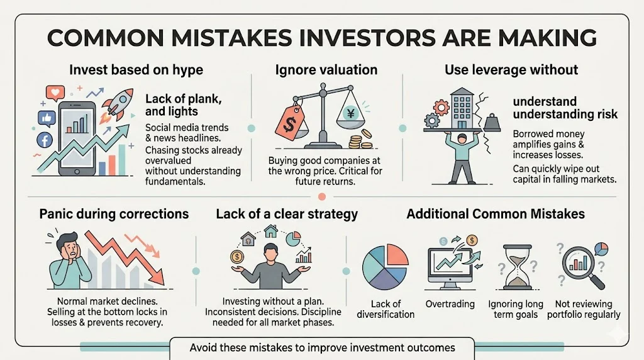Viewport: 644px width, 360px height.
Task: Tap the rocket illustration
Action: pos(119,105)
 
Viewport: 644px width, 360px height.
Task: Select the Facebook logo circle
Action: pos(45,140)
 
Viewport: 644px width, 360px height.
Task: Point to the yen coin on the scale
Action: pos(351,113)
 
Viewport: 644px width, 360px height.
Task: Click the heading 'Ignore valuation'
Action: pos(326,70)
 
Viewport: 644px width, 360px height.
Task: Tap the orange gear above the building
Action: pos(441,108)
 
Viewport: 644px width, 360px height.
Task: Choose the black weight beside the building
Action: pos(492,123)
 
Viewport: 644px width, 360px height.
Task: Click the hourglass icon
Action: pos(517,267)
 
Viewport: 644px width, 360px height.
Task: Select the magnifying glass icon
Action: pos(582,266)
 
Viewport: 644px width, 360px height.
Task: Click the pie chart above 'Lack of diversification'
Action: pos(386,267)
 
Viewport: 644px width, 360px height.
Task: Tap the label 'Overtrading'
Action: pos(450,304)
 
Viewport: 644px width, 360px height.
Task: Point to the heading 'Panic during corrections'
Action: pos(114,214)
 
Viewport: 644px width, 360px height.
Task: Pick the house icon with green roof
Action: pos(270,231)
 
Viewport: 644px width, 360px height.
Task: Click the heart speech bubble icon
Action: pos(55,93)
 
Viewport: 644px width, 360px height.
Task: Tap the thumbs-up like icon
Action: pos(47,118)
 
